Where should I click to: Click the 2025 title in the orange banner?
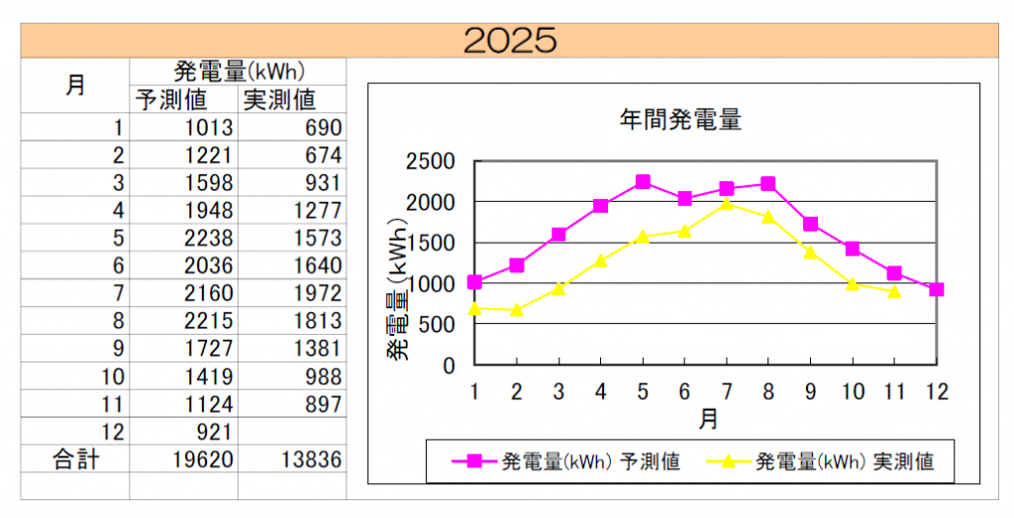pos(510,40)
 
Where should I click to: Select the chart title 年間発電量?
pos(680,121)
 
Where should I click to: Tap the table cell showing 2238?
pos(208,238)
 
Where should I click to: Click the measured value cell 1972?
pos(316,293)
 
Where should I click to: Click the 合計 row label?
pos(75,459)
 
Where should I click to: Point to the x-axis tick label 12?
pos(936,391)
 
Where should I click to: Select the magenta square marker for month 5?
pos(643,182)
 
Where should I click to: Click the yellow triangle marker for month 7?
pos(727,204)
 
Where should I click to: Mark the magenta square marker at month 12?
pos(936,289)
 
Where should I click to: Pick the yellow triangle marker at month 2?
pos(517,309)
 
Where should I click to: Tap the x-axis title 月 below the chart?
pos(708,419)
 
